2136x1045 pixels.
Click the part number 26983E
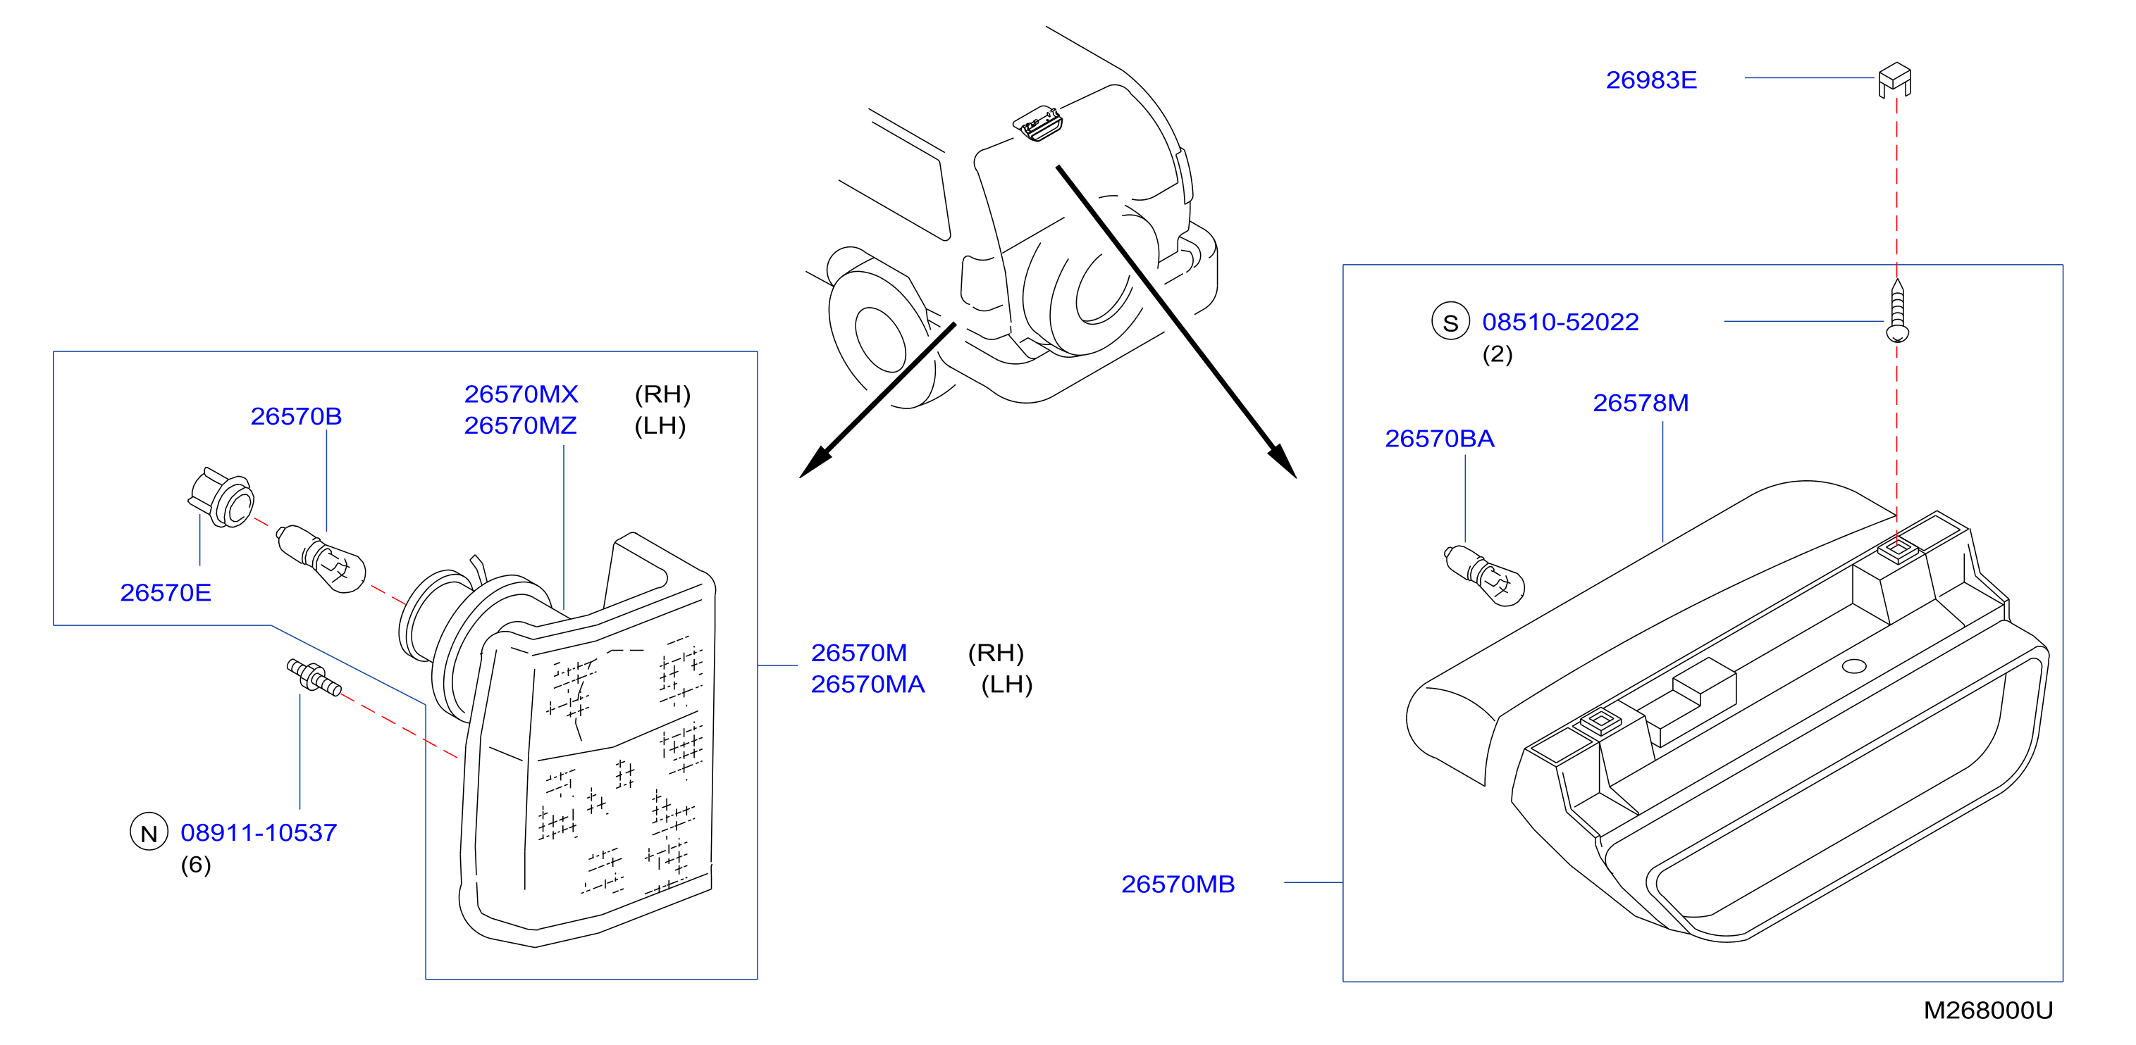(1651, 80)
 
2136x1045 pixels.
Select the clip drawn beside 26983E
(1895, 80)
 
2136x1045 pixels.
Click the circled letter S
(1450, 323)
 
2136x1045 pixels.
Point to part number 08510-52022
(1560, 322)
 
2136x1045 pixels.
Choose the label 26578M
(1640, 403)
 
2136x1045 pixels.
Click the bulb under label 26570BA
(1484, 575)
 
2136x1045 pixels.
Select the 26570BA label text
(1440, 439)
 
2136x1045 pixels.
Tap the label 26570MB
(1178, 884)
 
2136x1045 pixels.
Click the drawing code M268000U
(1987, 1010)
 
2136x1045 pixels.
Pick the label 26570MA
(868, 684)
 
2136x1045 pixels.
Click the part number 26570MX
(521, 394)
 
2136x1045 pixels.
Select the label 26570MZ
(520, 425)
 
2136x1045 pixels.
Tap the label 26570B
(296, 416)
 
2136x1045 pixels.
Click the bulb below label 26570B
(321, 558)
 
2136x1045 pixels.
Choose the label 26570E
(165, 592)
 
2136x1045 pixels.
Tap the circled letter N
(149, 833)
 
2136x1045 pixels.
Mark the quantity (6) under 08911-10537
(196, 865)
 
